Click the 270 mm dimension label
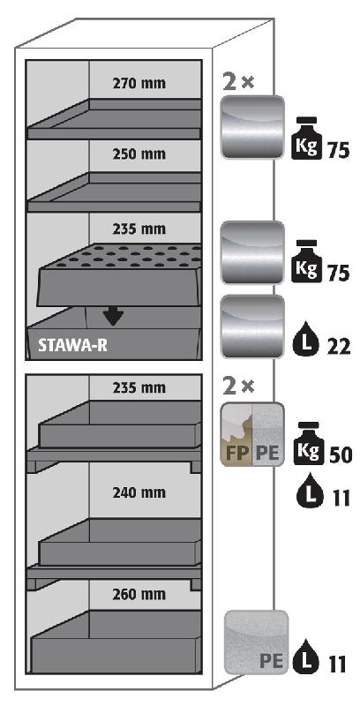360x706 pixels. click(139, 84)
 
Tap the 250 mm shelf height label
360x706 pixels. click(139, 154)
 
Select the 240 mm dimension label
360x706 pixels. click(139, 492)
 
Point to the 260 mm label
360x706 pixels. click(139, 594)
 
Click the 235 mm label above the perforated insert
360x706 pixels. click(139, 229)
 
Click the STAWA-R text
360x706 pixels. click(72, 346)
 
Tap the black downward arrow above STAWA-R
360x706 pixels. click(114, 317)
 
